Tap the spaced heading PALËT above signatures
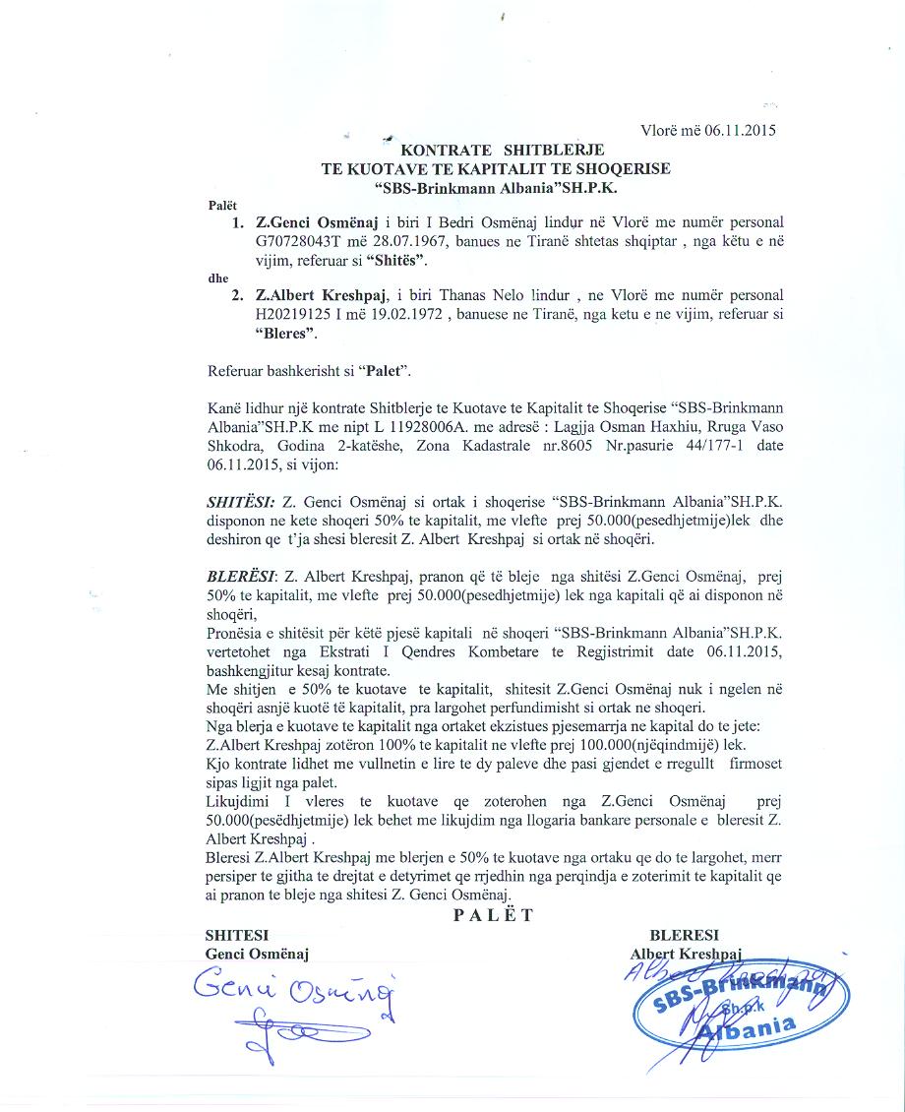click(493, 915)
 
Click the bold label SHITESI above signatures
click(236, 935)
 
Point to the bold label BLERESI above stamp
click(685, 935)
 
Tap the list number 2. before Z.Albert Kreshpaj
click(237, 296)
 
